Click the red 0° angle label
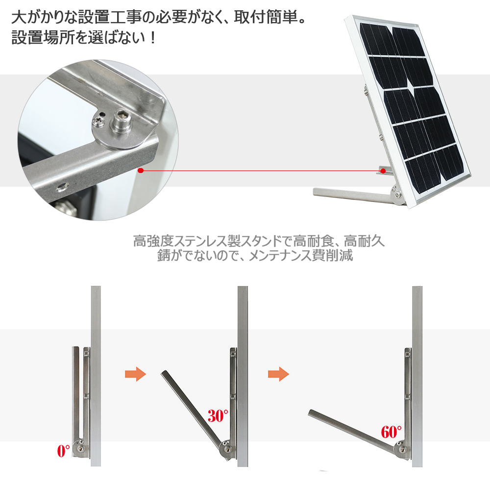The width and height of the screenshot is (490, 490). [x=63, y=451]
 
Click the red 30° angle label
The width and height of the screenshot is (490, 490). [x=218, y=416]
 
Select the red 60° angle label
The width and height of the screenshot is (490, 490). [x=391, y=432]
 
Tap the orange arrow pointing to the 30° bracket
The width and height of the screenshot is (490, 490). [x=136, y=374]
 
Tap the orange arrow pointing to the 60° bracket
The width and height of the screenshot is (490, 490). [x=278, y=374]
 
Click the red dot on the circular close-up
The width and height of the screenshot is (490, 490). [x=141, y=171]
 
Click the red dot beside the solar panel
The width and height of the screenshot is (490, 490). [x=383, y=171]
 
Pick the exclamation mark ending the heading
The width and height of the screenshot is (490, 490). [x=152, y=38]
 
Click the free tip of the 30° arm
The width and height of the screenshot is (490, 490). [x=164, y=372]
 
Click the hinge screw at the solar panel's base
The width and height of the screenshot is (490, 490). [x=398, y=196]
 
